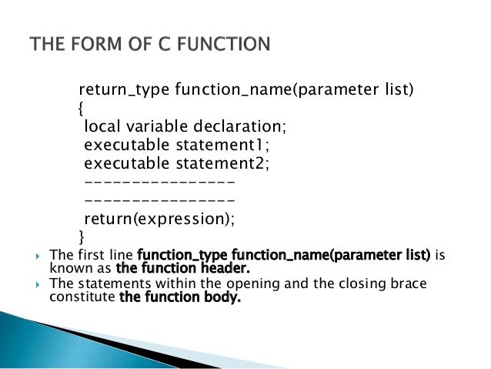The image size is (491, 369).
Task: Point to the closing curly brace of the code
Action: click(x=82, y=236)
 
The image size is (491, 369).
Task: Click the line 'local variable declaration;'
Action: click(x=178, y=126)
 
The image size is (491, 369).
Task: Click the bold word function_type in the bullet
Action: click(x=173, y=254)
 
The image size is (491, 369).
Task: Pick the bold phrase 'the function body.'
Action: click(x=181, y=297)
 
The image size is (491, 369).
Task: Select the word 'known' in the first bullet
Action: click(x=68, y=269)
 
